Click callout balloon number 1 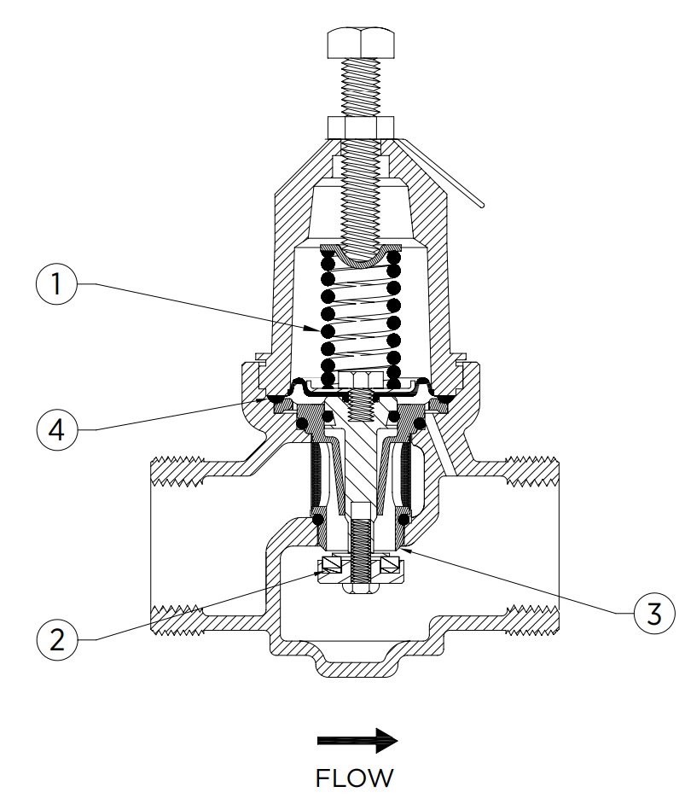57,283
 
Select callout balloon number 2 57,639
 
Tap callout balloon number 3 654,614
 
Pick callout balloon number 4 58,429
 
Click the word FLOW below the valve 355,778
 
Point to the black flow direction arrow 357,740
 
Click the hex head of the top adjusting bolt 361,43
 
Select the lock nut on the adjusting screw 361,128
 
